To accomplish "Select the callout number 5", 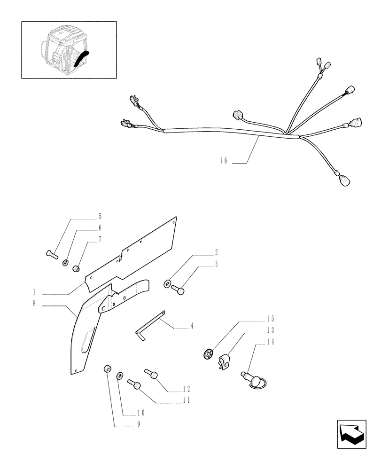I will tap(100, 217).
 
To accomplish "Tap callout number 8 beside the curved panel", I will tap(34, 304).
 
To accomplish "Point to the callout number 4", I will tap(191, 325).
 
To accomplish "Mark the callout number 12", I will tap(186, 389).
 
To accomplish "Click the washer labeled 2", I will tap(168, 284).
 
